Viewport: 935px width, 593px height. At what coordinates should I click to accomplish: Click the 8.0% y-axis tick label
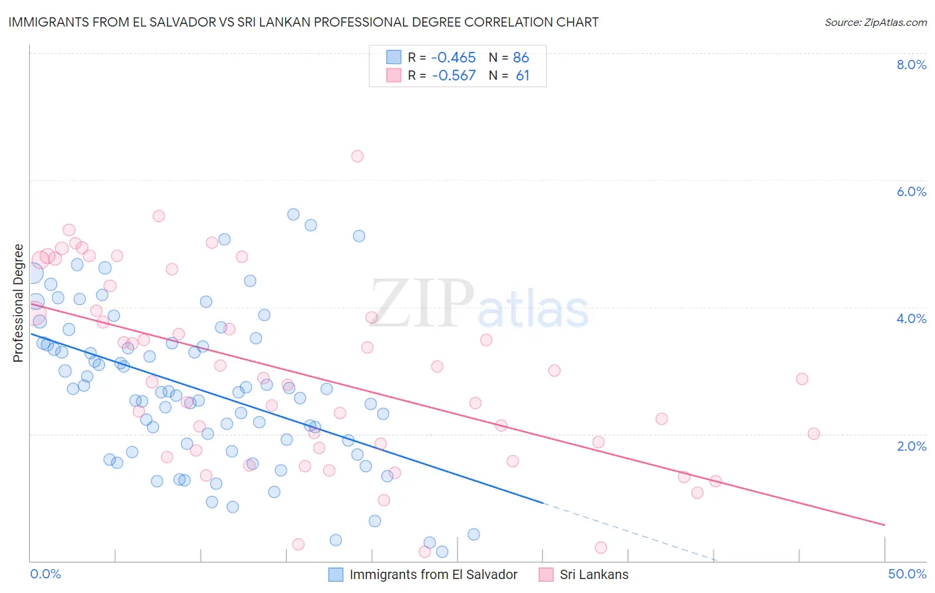(911, 64)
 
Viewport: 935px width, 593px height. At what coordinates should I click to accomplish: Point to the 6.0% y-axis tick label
(911, 191)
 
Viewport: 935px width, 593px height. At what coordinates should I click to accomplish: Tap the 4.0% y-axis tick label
(911, 318)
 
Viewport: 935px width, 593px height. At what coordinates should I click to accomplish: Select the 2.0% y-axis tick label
(911, 446)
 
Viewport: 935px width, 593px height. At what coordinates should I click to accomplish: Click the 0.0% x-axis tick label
(45, 574)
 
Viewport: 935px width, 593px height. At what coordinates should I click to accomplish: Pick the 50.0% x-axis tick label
(907, 574)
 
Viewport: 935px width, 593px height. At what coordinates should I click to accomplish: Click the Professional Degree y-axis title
(18, 303)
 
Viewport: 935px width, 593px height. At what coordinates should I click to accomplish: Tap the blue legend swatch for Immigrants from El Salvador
(336, 574)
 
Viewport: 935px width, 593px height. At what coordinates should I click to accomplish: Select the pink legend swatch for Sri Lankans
(546, 574)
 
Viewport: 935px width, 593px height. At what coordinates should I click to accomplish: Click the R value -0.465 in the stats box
(454, 58)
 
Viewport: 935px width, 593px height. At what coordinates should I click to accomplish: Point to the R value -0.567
(454, 76)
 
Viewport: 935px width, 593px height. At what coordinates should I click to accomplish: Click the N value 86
(521, 58)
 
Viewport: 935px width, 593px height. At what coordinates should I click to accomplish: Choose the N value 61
(523, 76)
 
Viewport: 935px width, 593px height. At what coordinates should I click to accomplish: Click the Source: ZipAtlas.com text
(875, 23)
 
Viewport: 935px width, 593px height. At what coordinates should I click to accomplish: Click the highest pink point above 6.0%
(357, 156)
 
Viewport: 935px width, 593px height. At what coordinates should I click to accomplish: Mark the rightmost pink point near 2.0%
(813, 433)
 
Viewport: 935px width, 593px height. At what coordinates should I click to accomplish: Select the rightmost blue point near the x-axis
(473, 534)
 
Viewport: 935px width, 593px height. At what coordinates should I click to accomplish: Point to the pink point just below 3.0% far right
(802, 379)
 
